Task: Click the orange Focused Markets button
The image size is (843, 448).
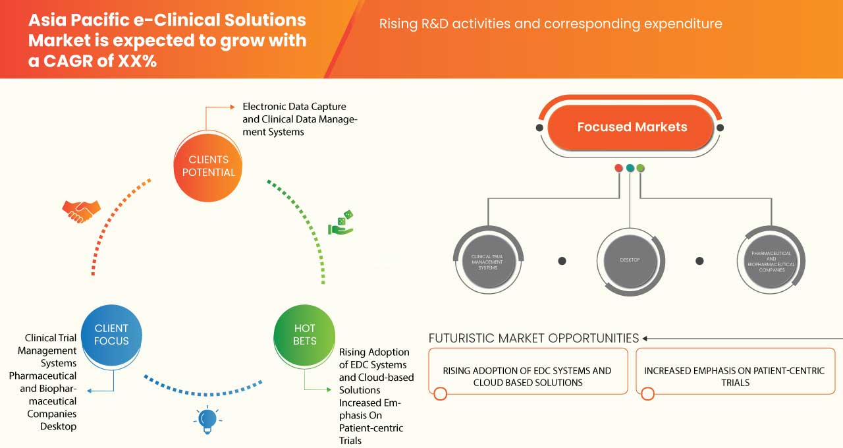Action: point(632,127)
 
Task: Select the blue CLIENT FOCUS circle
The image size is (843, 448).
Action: point(111,335)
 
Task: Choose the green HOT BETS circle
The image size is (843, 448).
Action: point(305,335)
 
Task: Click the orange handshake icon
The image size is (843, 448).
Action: point(81,211)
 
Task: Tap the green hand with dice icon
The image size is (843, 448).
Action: point(341,223)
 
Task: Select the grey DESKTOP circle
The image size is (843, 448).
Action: point(630,260)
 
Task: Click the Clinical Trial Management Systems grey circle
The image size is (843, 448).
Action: point(489,260)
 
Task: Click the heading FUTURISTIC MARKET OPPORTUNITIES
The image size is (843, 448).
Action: point(533,338)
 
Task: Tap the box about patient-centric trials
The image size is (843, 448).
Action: point(735,376)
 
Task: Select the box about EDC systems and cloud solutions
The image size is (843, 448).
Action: point(527,376)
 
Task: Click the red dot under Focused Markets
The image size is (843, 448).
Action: point(619,168)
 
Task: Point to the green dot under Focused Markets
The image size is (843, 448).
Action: point(641,168)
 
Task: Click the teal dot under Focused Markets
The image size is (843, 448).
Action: point(630,168)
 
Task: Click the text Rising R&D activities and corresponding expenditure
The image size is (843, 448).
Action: point(551,24)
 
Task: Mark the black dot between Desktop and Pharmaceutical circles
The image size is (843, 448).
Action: point(699,261)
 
